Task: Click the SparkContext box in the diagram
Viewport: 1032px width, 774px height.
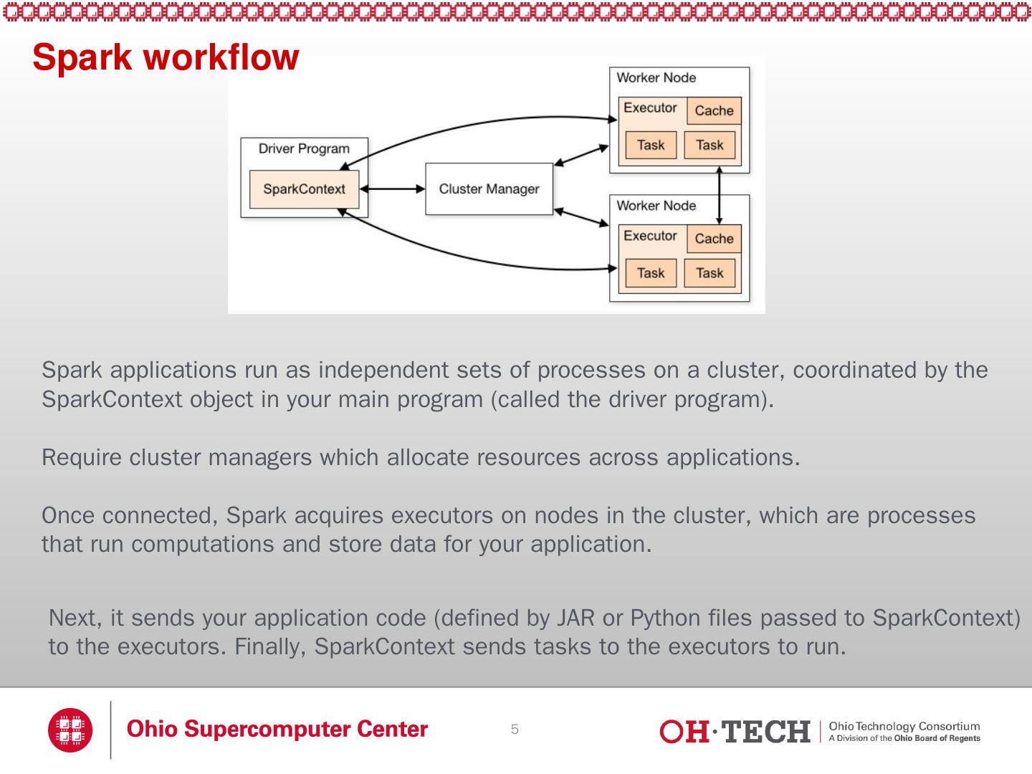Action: (x=304, y=189)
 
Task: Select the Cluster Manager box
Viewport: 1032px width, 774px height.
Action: (x=489, y=189)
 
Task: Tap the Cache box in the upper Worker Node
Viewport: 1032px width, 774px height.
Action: (x=714, y=111)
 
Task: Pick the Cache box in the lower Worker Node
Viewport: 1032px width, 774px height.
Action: (x=714, y=239)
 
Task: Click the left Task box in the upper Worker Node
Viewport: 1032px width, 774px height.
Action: (x=651, y=145)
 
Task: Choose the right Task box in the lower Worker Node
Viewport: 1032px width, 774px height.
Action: (x=709, y=273)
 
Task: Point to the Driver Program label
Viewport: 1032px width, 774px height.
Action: (x=304, y=149)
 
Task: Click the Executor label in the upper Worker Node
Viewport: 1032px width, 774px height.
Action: (x=650, y=108)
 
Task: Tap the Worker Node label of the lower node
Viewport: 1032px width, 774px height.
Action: (x=656, y=206)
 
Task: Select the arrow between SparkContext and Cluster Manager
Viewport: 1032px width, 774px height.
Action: (x=392, y=189)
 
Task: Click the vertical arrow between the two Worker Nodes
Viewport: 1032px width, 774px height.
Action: (x=719, y=195)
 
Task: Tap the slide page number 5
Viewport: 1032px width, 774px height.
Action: (x=515, y=730)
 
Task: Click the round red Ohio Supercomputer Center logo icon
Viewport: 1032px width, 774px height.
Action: (x=70, y=730)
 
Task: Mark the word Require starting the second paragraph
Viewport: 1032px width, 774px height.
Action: (x=82, y=457)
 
